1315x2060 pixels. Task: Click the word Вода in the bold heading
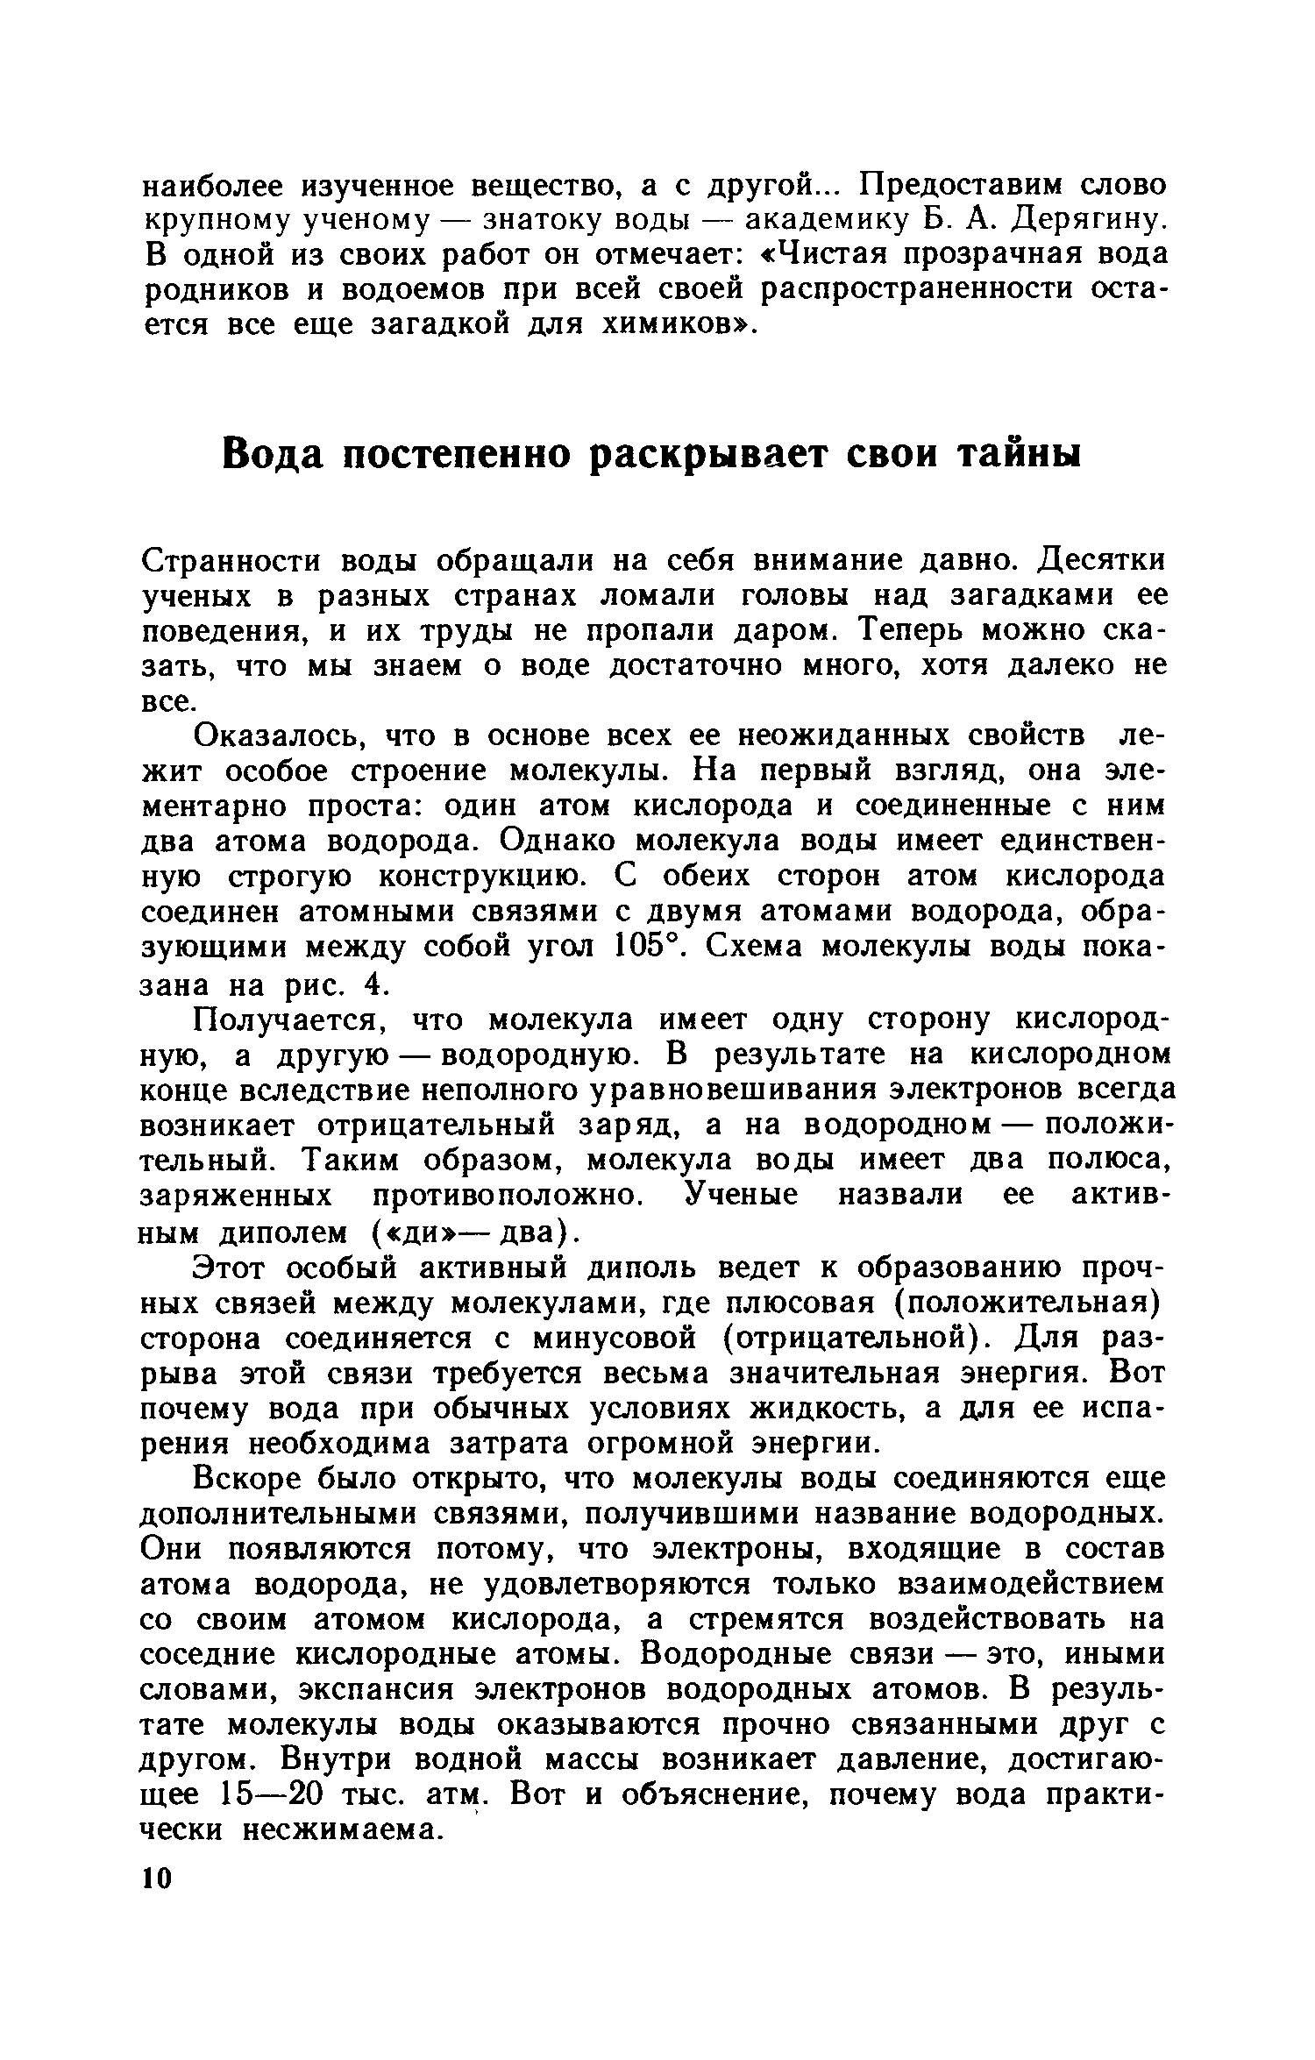tap(273, 456)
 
